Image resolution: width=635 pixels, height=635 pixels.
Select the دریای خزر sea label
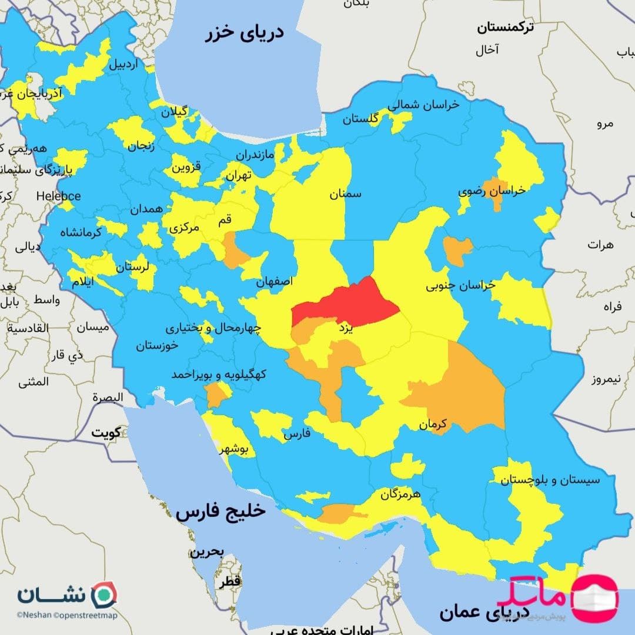tap(244, 33)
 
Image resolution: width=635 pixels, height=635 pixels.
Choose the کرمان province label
tap(435, 423)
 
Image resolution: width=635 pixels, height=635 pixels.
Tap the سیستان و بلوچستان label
tap(550, 479)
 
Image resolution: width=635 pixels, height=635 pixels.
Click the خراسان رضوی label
tap(492, 191)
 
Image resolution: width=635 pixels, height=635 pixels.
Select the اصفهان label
tap(275, 282)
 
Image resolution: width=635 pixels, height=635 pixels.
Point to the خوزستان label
tap(157, 346)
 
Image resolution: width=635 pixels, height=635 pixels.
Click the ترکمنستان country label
tap(506, 27)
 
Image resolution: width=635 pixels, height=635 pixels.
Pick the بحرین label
tap(206, 552)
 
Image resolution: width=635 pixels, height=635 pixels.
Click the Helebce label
tap(58, 196)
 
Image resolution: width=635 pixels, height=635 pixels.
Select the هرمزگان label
tap(400, 494)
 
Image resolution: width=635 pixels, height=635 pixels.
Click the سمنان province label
tap(346, 193)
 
